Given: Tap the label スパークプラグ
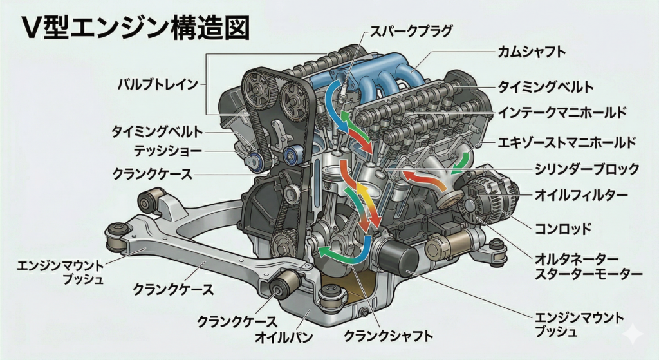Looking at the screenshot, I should point(411,30).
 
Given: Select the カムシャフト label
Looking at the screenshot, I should point(532,52).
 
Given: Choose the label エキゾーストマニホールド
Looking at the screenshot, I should point(567,142).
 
